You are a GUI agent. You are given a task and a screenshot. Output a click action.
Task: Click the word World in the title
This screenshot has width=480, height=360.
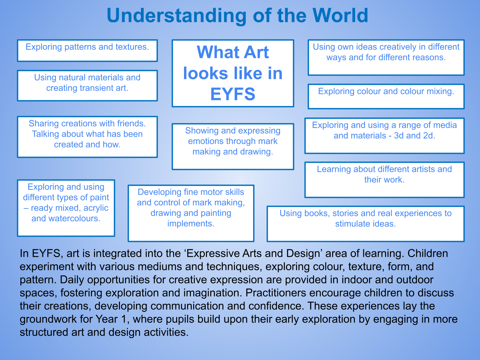pyautogui.click(x=340, y=15)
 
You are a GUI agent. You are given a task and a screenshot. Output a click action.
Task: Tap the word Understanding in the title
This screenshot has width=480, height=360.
pyautogui.click(x=176, y=16)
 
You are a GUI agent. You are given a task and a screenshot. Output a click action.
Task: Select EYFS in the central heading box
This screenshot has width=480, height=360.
pyautogui.click(x=233, y=94)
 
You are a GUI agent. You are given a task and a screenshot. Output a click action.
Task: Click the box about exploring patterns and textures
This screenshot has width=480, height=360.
pyautogui.click(x=87, y=51)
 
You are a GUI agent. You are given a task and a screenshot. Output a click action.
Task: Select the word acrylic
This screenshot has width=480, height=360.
pyautogui.click(x=96, y=208)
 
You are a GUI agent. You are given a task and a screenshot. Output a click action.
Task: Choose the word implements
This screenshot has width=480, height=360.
pyautogui.click(x=191, y=224)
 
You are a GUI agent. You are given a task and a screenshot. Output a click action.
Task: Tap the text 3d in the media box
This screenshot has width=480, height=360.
pyautogui.click(x=399, y=136)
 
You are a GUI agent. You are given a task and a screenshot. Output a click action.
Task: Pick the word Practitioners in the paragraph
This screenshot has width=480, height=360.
pyautogui.click(x=276, y=293)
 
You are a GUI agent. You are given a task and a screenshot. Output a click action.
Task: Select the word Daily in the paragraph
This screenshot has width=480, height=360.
pyautogui.click(x=69, y=280)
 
